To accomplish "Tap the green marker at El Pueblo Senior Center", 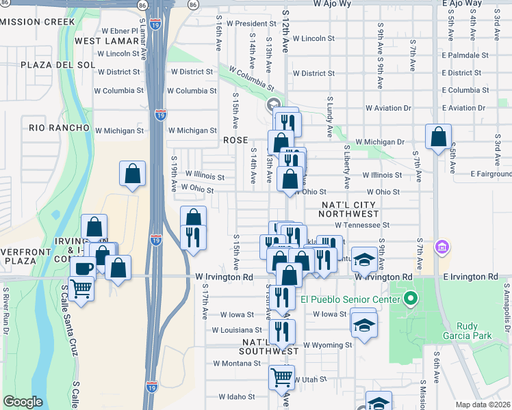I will click(411, 299).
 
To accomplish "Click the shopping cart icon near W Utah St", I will click(282, 376).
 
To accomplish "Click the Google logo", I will click(23, 402).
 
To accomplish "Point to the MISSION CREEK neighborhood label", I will click(38, 22).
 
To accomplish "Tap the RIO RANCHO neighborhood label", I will click(60, 128).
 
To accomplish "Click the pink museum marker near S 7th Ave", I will click(442, 247).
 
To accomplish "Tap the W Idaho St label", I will click(236, 396).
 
